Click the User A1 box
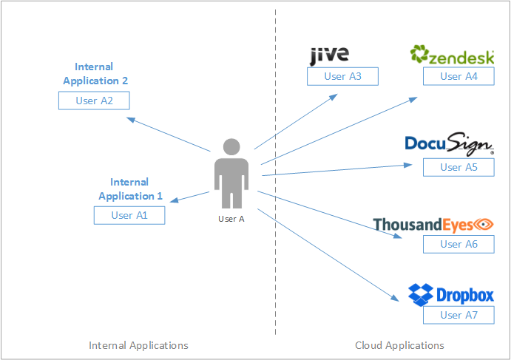[x=129, y=215]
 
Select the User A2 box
[x=94, y=101]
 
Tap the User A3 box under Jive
[x=342, y=76]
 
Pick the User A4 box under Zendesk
[x=458, y=76]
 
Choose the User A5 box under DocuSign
[x=458, y=167]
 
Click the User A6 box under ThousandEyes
[x=458, y=244]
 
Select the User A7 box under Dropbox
[x=458, y=315]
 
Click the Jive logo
[x=329, y=55]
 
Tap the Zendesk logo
[x=452, y=55]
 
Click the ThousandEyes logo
[x=433, y=223]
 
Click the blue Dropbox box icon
[x=421, y=294]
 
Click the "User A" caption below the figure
[x=231, y=219]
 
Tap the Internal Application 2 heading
[x=96, y=74]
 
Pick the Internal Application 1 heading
[x=130, y=189]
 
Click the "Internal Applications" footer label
[x=138, y=345]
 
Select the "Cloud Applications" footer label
[x=399, y=345]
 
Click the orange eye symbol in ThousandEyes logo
[x=484, y=223]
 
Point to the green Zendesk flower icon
[x=419, y=55]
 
